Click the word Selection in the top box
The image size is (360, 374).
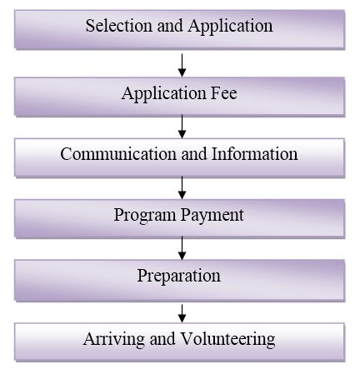[x=119, y=26]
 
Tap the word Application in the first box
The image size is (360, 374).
[x=230, y=27]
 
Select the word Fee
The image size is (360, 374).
[x=223, y=92]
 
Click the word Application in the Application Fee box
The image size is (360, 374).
[x=164, y=94]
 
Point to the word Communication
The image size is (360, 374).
[x=118, y=153]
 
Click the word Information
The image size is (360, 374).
[x=254, y=153]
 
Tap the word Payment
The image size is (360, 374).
[x=212, y=216]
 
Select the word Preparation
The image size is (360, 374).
[x=179, y=277]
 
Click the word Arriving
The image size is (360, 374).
[x=113, y=340]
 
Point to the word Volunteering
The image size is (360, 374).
[x=227, y=340]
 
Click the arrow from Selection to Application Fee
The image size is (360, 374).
[x=182, y=65]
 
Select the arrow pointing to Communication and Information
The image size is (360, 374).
[x=182, y=127]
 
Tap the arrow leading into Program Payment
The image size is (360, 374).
[x=182, y=187]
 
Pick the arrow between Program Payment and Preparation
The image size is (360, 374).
[x=182, y=248]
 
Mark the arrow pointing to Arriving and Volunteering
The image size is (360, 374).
[x=182, y=313]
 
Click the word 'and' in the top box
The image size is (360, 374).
[x=170, y=26]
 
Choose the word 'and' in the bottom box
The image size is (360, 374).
[x=162, y=338]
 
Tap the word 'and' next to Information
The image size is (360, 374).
[x=194, y=153]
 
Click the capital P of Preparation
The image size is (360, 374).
[x=142, y=276]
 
